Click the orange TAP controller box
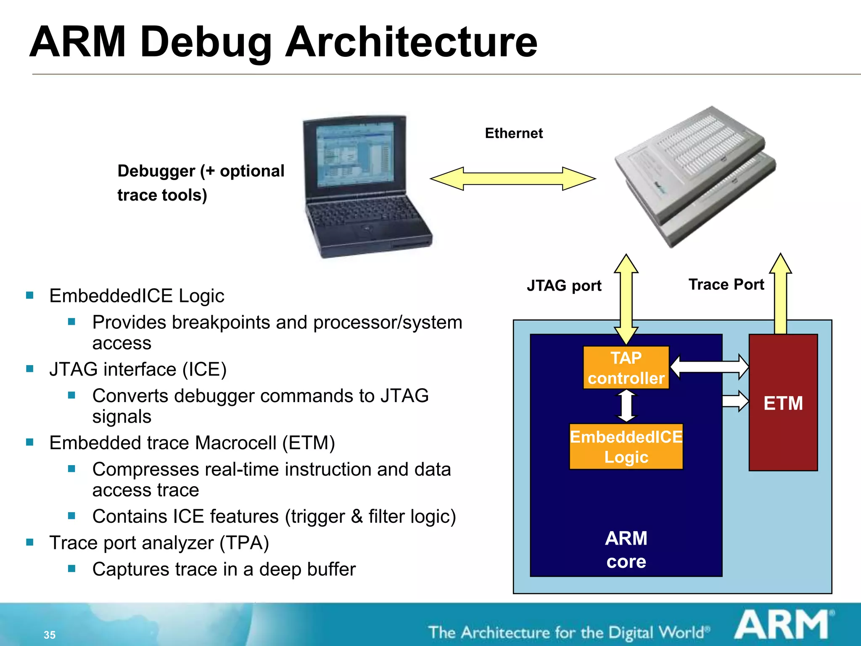[x=626, y=367]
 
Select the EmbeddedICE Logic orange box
[x=626, y=446]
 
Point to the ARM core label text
[x=626, y=549]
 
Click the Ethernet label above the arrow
[x=513, y=133]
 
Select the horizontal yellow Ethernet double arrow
[x=512, y=179]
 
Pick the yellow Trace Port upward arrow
[x=780, y=294]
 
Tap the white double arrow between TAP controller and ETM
[x=709, y=367]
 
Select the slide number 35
[x=49, y=635]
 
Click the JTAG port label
[x=564, y=286]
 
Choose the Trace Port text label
[x=726, y=285]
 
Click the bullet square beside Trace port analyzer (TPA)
[x=30, y=542]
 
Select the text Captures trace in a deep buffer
[x=224, y=569]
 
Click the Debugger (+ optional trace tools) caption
[x=201, y=183]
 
